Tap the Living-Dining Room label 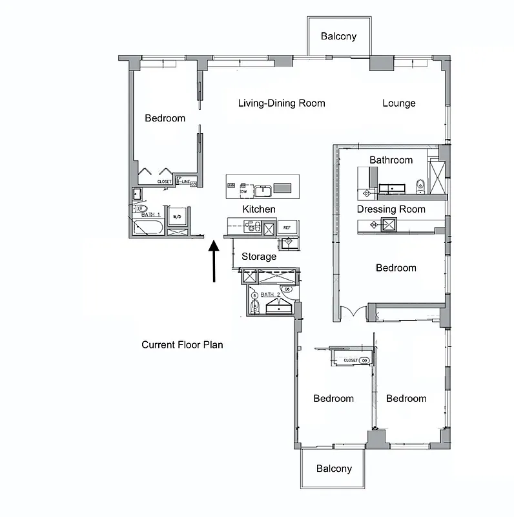[282, 103]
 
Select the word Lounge [398, 103]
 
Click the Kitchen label [259, 209]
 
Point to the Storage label [259, 257]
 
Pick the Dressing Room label [391, 209]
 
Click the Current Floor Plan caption [182, 344]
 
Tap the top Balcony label [338, 37]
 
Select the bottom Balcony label [334, 469]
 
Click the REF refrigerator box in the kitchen [287, 227]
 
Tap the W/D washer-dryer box [178, 216]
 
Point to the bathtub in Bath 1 [148, 227]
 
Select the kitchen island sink [262, 190]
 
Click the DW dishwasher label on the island [244, 192]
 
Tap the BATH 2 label [271, 295]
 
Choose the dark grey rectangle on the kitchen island [283, 188]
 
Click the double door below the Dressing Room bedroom [354, 312]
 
